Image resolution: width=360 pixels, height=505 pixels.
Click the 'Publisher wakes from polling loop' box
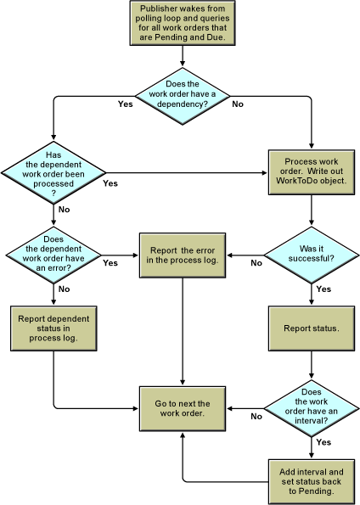183,23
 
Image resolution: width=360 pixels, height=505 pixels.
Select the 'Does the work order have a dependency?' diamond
183,96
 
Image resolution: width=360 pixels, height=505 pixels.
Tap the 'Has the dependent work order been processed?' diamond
53,172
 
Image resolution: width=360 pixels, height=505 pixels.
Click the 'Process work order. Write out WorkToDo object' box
312,172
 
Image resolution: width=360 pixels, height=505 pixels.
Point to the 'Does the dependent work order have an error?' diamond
53,255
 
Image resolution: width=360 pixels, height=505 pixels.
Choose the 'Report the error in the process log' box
183,255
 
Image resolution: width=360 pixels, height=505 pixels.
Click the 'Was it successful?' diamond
312,255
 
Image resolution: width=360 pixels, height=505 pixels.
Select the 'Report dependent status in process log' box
53,328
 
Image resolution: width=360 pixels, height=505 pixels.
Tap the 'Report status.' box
312,328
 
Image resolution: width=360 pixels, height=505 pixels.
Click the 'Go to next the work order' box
183,409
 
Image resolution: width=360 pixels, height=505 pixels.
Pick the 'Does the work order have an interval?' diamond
312,409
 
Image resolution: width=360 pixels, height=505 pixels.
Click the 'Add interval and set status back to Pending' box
312,481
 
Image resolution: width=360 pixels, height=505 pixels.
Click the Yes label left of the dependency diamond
126,104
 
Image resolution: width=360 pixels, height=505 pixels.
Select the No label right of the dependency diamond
238,104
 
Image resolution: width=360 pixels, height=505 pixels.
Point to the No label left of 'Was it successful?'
256,263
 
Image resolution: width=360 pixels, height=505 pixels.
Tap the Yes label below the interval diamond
323,442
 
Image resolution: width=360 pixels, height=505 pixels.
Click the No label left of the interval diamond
256,417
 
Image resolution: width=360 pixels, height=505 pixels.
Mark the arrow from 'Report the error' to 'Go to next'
183,331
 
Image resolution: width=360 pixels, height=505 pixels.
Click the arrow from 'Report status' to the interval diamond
312,365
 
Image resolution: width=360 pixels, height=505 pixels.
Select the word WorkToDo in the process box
295,181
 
